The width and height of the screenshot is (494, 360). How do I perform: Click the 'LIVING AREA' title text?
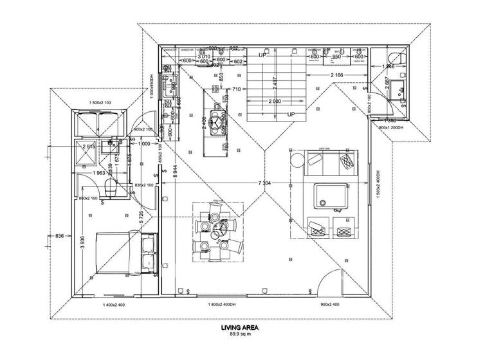click(239, 328)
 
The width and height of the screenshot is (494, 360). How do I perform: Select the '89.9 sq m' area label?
click(239, 334)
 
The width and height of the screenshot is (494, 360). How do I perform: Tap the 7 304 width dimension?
click(264, 184)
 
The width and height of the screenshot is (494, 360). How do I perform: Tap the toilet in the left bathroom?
click(109, 188)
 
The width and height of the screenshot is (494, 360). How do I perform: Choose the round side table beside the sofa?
click(298, 159)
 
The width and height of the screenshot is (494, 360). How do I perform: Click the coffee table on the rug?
click(330, 196)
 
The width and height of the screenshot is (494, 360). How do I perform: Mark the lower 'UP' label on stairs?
click(291, 114)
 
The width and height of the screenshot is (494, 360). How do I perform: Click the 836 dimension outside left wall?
click(59, 235)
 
